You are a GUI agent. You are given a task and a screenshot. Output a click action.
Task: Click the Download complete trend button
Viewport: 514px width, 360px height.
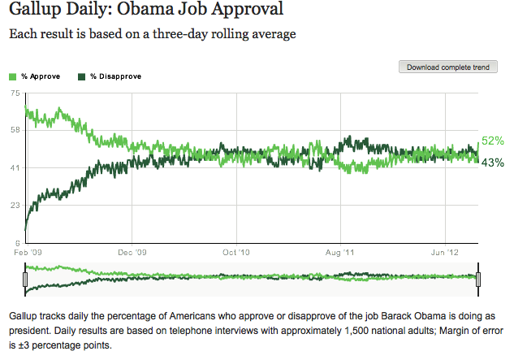[x=447, y=67]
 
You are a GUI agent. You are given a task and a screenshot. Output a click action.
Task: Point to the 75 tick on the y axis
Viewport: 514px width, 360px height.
[x=14, y=93]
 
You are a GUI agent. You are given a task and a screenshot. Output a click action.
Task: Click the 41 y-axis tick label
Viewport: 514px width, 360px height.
[x=14, y=168]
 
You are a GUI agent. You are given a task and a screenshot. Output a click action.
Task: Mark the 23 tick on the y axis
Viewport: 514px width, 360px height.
[x=14, y=206]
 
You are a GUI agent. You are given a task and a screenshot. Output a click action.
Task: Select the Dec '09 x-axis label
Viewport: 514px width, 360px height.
[x=132, y=252]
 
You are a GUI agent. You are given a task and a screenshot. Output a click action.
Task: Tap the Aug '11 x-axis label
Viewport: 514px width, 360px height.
[x=342, y=252]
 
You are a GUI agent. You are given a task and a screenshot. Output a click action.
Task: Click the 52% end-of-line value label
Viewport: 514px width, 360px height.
[x=494, y=141]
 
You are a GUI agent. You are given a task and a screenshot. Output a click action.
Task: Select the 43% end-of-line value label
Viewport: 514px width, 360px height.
[x=494, y=162]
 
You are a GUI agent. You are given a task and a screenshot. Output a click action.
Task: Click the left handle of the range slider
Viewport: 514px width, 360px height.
[x=26, y=280]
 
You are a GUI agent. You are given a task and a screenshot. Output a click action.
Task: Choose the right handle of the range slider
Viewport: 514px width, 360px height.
[x=479, y=280]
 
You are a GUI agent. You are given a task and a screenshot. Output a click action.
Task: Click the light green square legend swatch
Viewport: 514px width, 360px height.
[x=11, y=76]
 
